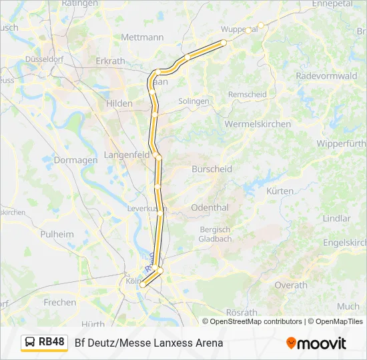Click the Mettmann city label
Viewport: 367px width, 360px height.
141,37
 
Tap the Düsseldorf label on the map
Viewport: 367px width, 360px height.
43,59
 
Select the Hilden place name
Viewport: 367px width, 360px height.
119,103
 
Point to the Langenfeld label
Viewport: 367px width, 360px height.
127,155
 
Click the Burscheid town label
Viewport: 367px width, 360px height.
212,169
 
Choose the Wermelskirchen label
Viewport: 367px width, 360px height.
258,124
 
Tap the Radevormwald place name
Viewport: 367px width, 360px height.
326,76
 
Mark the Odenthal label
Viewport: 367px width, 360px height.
210,207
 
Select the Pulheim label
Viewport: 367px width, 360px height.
57,234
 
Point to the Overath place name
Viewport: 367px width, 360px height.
291,285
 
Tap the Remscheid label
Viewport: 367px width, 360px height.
247,95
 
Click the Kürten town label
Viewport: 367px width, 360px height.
280,191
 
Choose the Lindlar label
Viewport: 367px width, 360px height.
336,218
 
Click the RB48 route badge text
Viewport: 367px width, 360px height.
51,342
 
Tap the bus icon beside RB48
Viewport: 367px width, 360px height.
30,343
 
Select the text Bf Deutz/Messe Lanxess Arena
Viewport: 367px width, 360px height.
149,343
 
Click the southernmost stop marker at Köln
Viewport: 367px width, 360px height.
142,285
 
